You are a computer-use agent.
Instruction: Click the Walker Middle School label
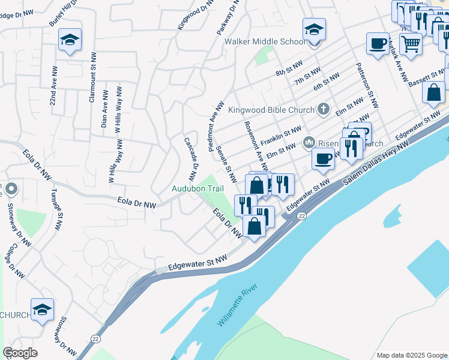coord(265,42)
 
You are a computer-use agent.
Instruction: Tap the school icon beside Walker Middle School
coord(314,29)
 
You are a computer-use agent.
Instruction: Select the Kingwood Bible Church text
coord(271,110)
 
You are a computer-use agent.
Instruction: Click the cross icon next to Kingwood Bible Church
coord(324,109)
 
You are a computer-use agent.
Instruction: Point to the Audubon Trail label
coord(197,188)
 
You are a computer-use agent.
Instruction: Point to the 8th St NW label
coord(289,69)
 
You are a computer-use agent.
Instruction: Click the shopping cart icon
coord(411,43)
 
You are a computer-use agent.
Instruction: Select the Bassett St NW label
coord(428,77)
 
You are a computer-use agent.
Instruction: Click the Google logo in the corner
coord(20,353)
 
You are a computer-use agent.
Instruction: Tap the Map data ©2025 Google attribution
coord(411,355)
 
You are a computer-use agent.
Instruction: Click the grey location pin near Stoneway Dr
coord(11,190)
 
